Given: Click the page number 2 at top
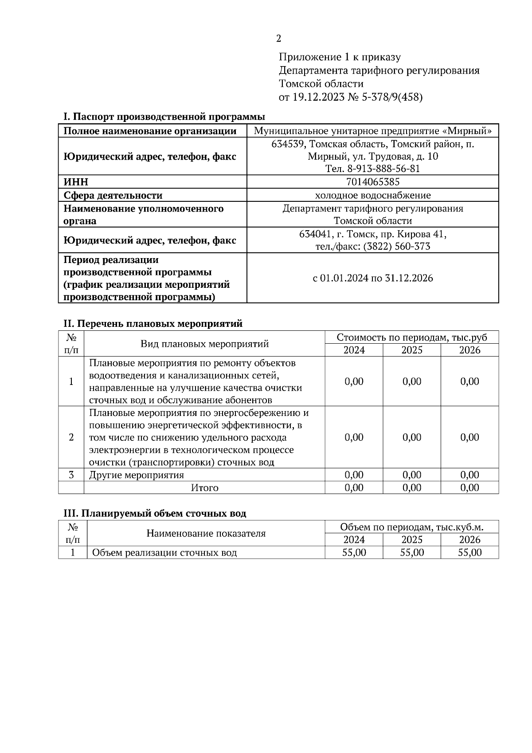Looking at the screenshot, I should click(x=278, y=39).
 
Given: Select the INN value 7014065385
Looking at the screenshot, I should click(x=372, y=182).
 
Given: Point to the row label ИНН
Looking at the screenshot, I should click(x=76, y=182).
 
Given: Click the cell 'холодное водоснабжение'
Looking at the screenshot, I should click(x=372, y=195).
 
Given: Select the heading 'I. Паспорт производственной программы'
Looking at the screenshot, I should click(x=164, y=117).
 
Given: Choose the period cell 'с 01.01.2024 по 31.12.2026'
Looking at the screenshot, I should click(x=372, y=278).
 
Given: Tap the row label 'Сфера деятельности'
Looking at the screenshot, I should click(x=113, y=196).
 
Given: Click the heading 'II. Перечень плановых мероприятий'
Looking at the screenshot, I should click(x=153, y=324).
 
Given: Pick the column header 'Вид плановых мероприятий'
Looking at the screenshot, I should click(x=204, y=344).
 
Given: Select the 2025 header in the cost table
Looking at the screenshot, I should click(x=411, y=350).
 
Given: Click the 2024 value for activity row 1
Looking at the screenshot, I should click(x=354, y=381).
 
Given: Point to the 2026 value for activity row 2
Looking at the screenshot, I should click(x=469, y=437).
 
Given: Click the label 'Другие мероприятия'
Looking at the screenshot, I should click(x=137, y=475).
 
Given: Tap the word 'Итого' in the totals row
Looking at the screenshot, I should click(x=204, y=488).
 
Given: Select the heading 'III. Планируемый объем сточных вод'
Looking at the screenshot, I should click(x=155, y=514).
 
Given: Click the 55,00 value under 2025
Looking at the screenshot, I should click(x=411, y=553).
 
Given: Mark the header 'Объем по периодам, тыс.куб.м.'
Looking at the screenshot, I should click(x=411, y=527).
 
